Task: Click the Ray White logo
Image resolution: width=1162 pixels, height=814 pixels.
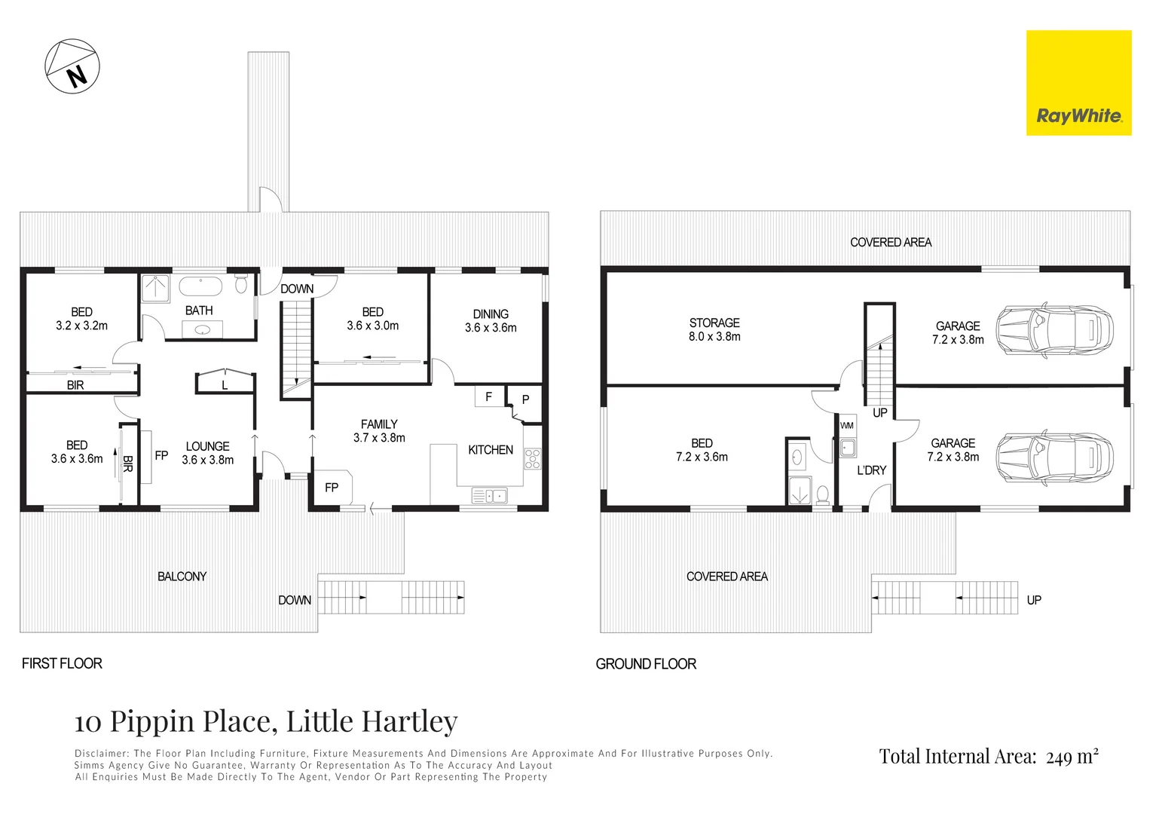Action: [x=1078, y=83]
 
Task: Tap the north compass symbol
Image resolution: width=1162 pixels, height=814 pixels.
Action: [x=72, y=66]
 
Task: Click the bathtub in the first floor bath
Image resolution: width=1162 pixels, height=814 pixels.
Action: [x=200, y=286]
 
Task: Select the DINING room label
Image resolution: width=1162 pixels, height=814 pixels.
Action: [x=491, y=314]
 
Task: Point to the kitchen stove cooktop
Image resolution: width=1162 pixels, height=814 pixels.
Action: [x=532, y=459]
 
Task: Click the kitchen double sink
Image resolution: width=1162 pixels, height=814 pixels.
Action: [x=489, y=495]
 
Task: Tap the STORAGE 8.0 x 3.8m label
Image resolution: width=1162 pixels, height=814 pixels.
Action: [x=714, y=329]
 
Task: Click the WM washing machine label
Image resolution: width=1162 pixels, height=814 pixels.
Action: [x=847, y=426]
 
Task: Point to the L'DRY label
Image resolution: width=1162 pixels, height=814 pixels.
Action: [x=871, y=470]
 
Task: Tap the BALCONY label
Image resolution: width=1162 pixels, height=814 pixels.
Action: [x=182, y=577]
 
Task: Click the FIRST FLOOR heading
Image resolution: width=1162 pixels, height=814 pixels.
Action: [x=62, y=663]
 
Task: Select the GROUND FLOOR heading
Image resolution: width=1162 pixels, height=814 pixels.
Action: [x=646, y=664]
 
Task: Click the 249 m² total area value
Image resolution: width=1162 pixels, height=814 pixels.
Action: [x=1072, y=757]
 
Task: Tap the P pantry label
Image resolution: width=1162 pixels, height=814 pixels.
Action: [x=525, y=400]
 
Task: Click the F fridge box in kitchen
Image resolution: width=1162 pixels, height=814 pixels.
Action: [x=488, y=396]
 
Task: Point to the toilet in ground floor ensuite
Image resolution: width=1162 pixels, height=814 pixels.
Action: [x=823, y=494]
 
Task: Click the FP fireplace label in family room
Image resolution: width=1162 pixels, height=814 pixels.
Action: [x=332, y=488]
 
